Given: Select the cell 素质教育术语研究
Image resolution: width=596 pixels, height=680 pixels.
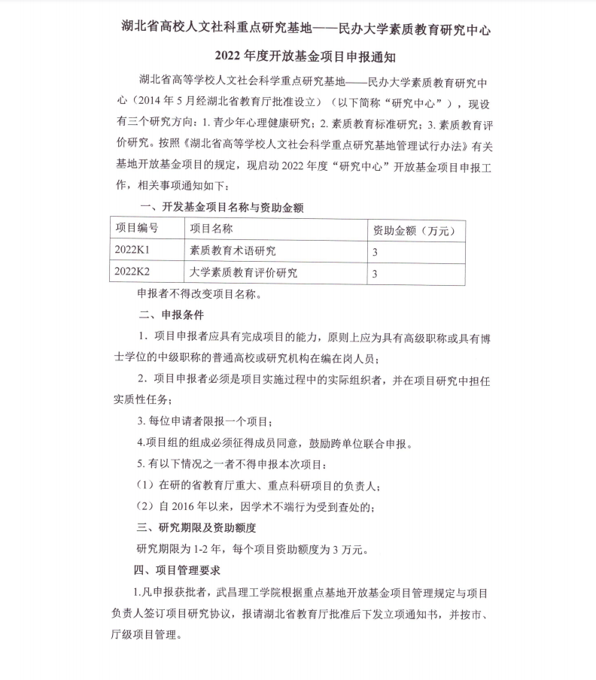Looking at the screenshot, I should pos(233,250).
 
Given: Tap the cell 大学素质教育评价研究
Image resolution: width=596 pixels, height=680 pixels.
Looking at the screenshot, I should pos(243,272).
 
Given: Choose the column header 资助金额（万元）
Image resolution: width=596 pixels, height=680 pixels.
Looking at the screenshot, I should pos(415,229).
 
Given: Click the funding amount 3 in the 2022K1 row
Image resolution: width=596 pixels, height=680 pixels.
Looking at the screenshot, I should pos(375,251).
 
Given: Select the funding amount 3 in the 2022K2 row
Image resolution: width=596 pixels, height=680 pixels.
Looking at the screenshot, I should pos(375,273).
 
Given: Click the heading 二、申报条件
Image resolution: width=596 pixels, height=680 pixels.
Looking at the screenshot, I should pos(171,314).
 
